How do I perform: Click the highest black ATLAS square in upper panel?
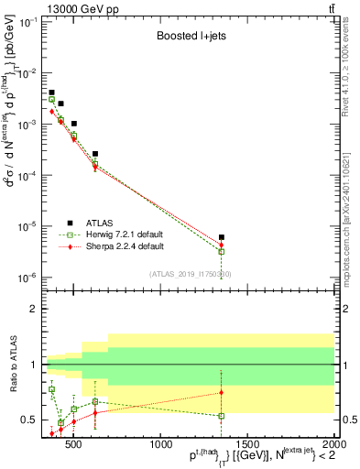click(52, 93)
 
